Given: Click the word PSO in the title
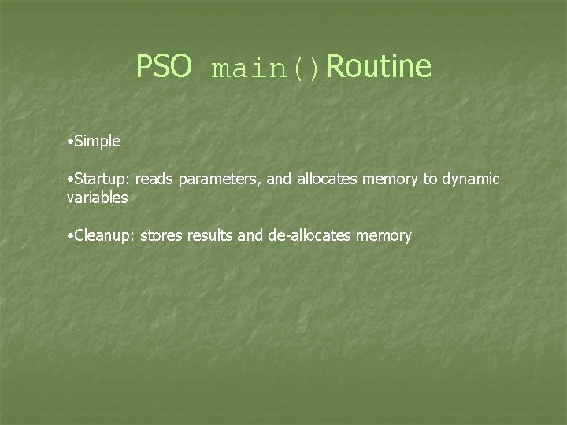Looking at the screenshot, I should coord(164,67).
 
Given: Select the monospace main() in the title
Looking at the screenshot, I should coord(266,69).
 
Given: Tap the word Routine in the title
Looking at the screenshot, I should coord(378,67).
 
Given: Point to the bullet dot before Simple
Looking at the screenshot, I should coord(70,142).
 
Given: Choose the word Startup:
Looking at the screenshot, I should coord(102,179).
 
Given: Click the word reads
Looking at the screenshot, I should coord(154,179).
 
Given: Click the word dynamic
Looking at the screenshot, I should coord(470,180).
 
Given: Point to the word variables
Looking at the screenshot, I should coord(98,198).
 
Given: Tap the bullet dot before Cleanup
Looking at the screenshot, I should coord(70,236).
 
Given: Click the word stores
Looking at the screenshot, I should coord(161,236).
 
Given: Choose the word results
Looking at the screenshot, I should coord(209,236).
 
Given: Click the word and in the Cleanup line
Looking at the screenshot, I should coord(250,236).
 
